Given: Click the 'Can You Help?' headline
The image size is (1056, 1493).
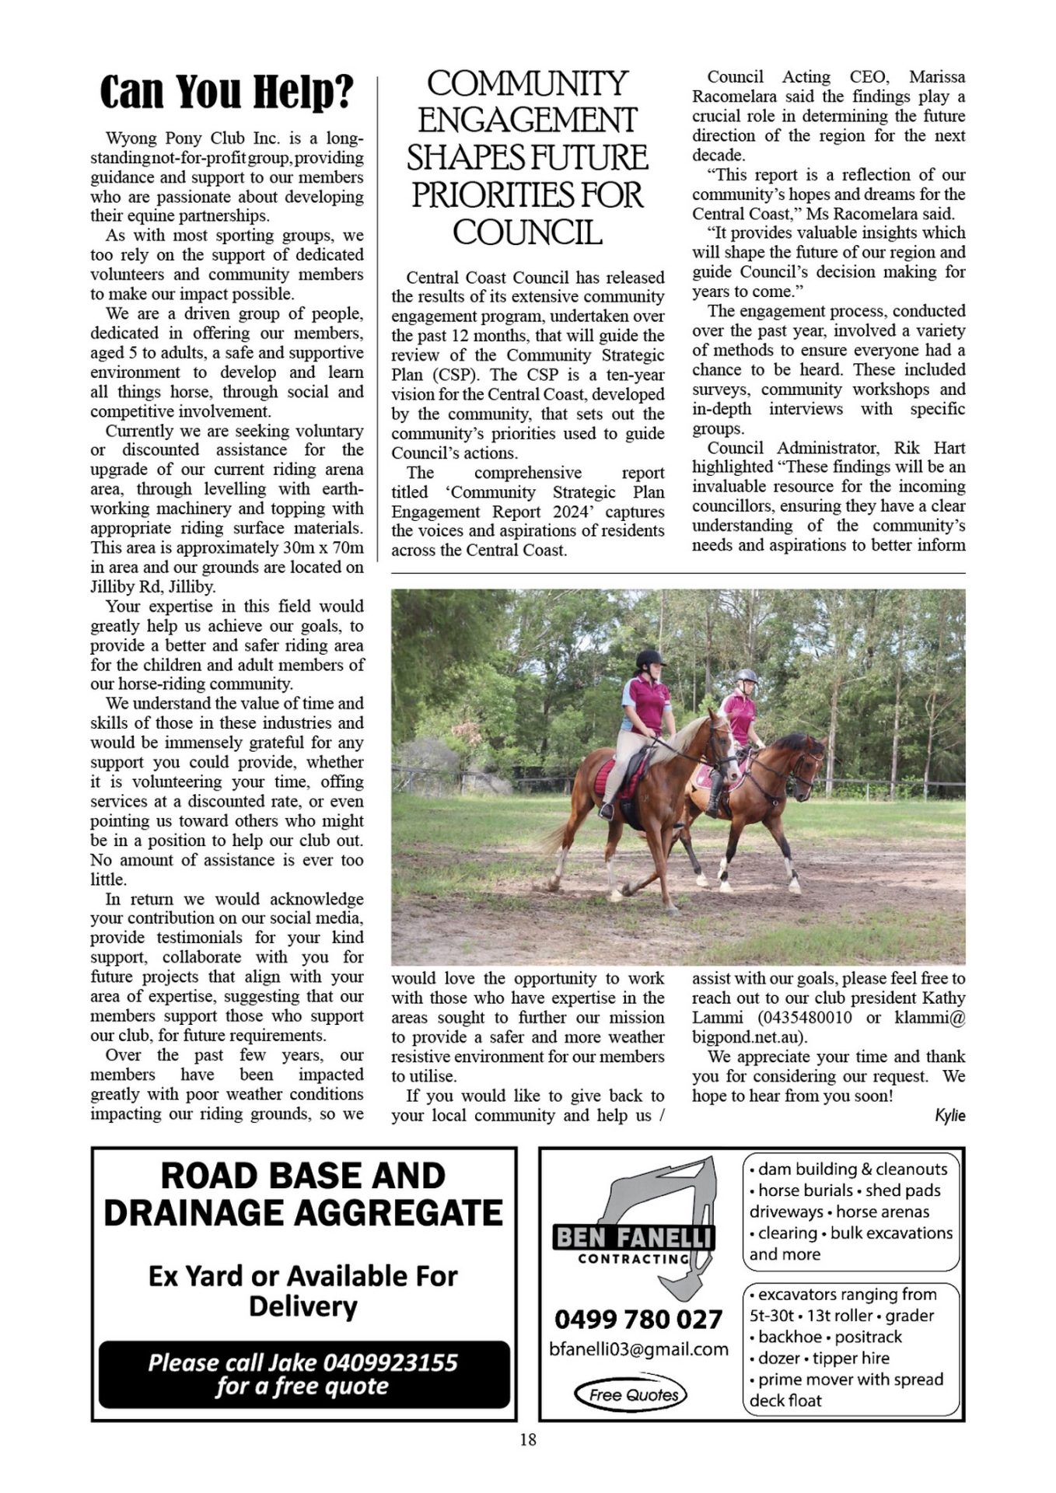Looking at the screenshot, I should coord(226,93).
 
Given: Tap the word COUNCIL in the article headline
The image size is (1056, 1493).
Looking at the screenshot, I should coord(527,233).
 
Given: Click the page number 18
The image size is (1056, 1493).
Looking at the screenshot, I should coord(527,1439).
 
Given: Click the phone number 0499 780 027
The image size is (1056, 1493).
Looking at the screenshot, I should coord(638,1319).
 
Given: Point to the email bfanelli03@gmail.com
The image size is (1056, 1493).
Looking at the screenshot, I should coord(638,1349).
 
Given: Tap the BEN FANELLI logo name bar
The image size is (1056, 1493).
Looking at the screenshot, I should coord(633,1236).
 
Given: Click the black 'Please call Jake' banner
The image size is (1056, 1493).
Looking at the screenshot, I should coord(303,1374).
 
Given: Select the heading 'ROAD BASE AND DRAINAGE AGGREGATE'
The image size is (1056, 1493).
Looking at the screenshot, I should coord(303,1194).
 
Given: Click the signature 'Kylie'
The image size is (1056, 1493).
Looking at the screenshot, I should coord(949,1116).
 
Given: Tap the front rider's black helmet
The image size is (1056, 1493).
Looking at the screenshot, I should coord(649,659).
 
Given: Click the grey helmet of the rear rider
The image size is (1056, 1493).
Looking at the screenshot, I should coord(747,677).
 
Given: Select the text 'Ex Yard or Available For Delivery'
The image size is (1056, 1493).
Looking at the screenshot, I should coord(303,1291).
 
